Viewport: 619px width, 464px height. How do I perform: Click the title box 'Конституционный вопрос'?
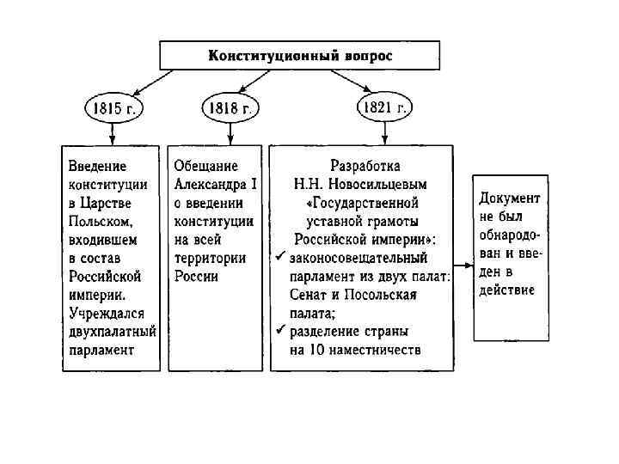coord(299,56)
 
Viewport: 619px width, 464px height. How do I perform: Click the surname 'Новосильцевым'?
coord(384,183)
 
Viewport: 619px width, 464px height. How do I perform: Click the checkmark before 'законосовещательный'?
coord(279,257)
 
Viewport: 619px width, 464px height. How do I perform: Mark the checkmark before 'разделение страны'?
coord(279,330)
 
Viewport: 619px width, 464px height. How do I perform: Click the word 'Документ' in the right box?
coord(510,198)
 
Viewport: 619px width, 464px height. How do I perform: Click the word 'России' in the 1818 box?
coord(196,277)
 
